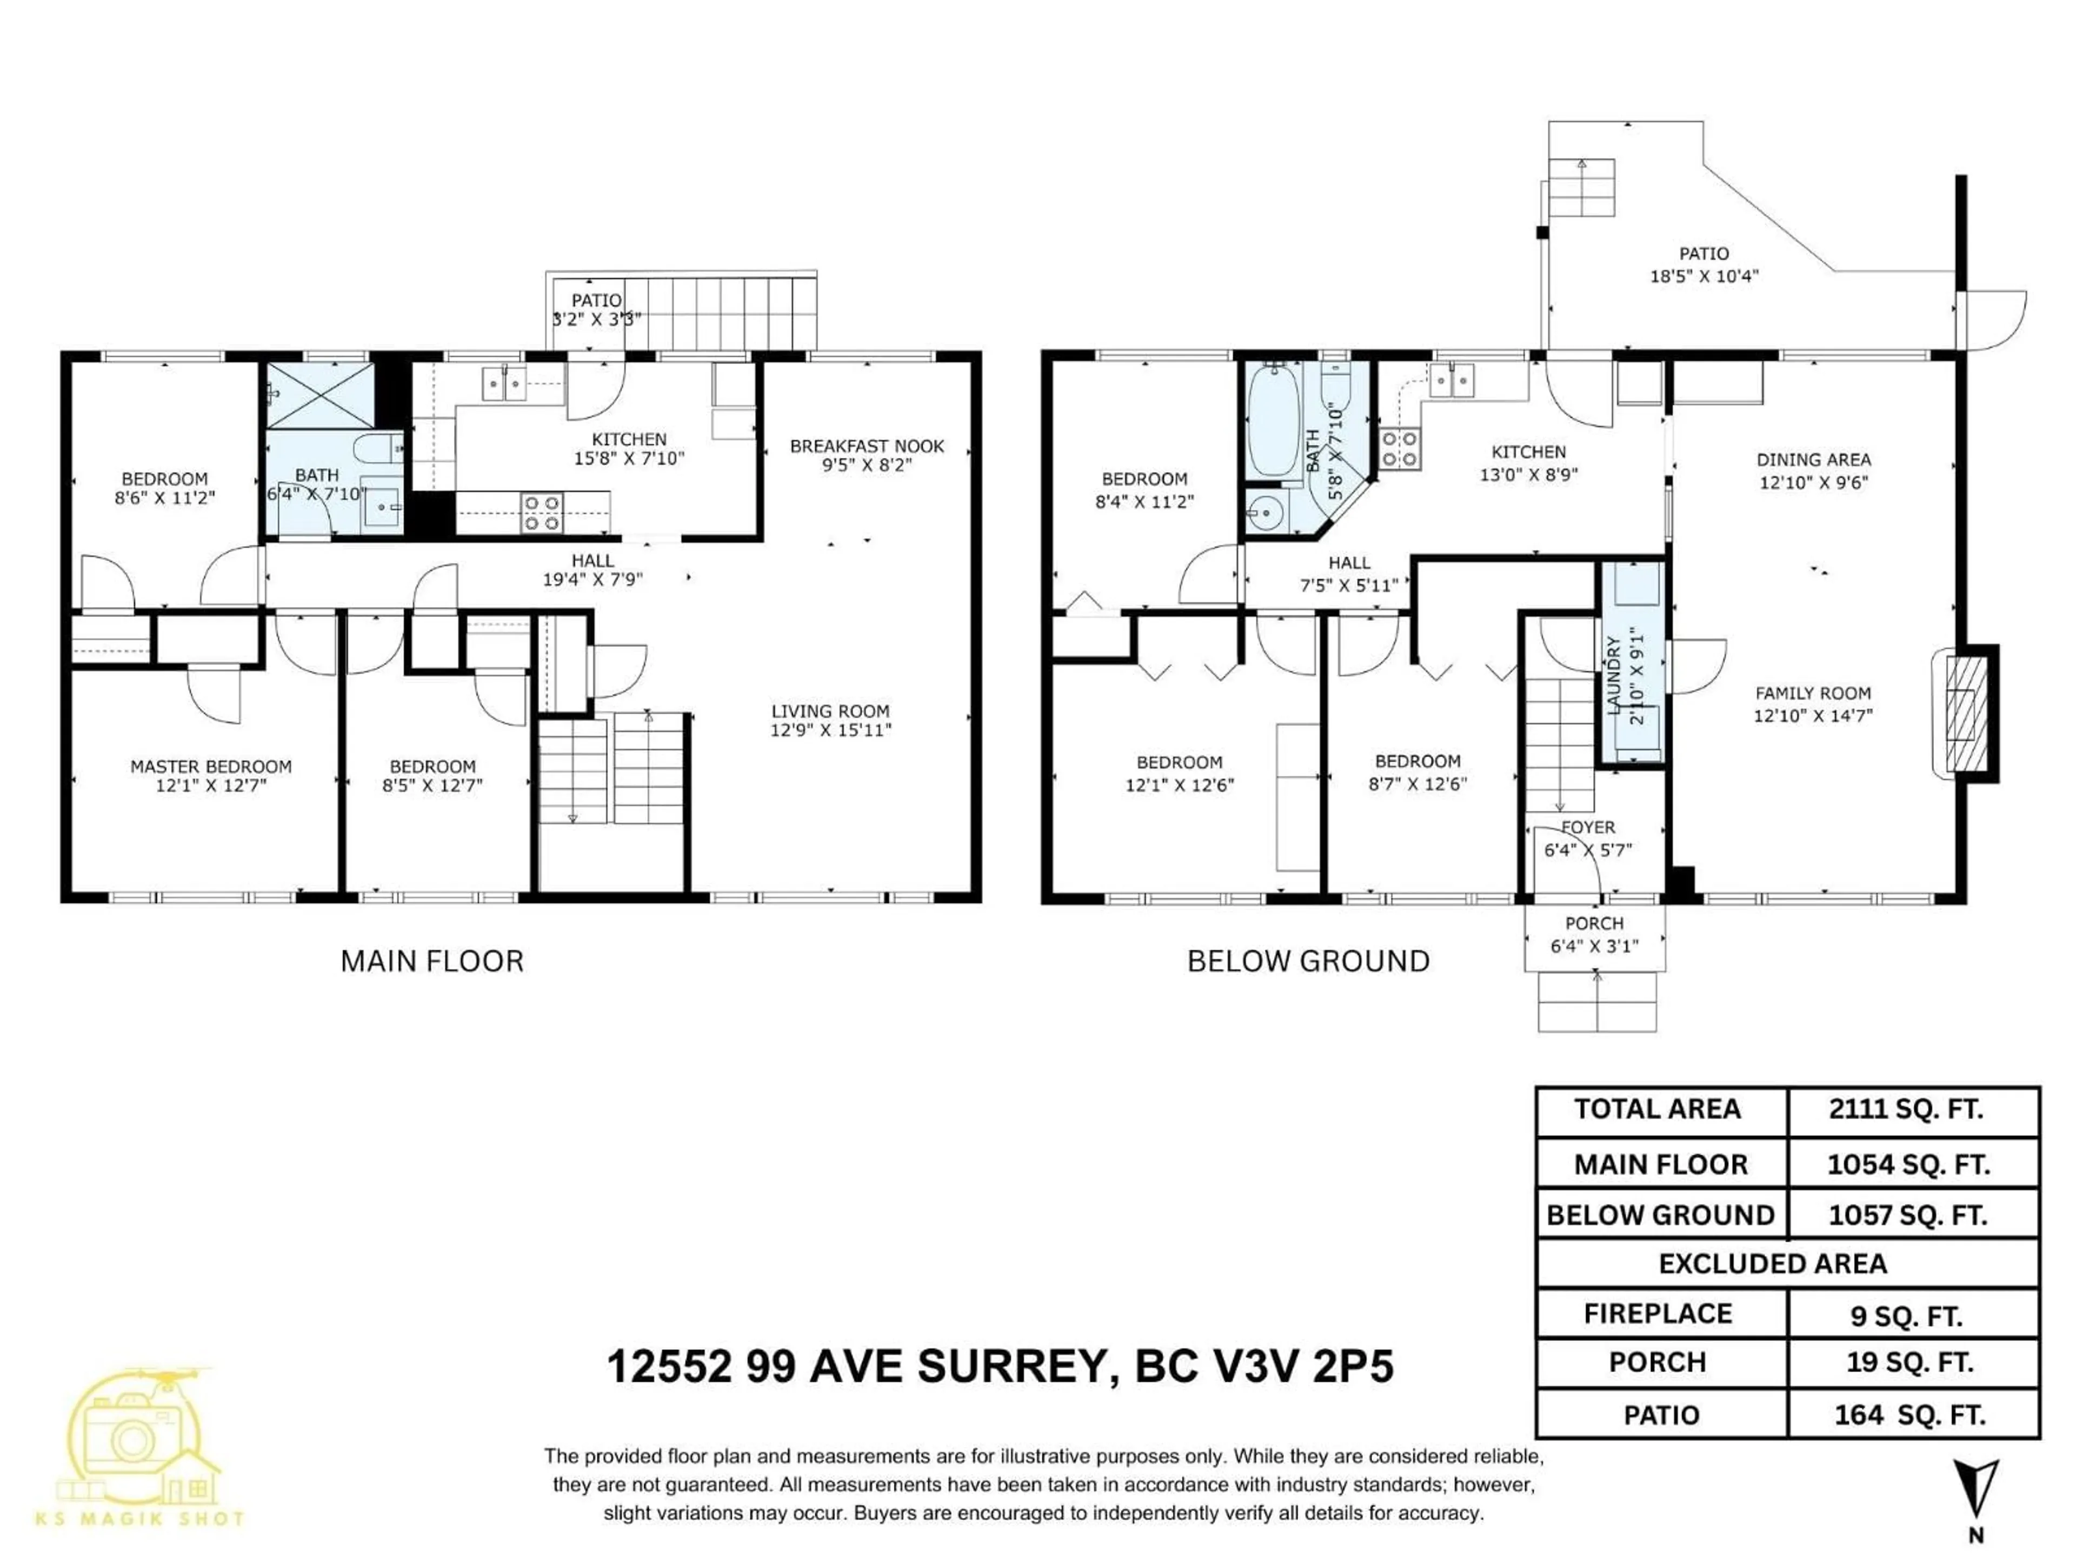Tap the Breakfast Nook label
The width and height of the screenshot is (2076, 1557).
click(x=866, y=447)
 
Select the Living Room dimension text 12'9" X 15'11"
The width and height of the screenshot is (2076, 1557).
click(x=830, y=730)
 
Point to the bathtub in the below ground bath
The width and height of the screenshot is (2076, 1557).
click(x=1274, y=422)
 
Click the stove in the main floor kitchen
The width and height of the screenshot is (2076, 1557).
click(x=542, y=513)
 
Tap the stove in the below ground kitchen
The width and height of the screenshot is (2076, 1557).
click(x=1399, y=449)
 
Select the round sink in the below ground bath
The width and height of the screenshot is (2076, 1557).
click(x=1264, y=513)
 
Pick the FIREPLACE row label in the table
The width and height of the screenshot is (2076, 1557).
click(x=1658, y=1314)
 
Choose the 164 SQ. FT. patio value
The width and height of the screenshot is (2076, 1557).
click(x=1910, y=1415)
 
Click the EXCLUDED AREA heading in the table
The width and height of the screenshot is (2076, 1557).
click(x=1773, y=1264)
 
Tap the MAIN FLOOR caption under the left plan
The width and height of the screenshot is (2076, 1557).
click(x=432, y=961)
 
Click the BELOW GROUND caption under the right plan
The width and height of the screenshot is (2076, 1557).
click(x=1308, y=961)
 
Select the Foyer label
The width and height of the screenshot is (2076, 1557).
click(x=1588, y=828)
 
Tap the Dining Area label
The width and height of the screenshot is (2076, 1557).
click(x=1813, y=460)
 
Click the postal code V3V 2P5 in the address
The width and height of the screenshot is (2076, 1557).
click(x=1264, y=1367)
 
